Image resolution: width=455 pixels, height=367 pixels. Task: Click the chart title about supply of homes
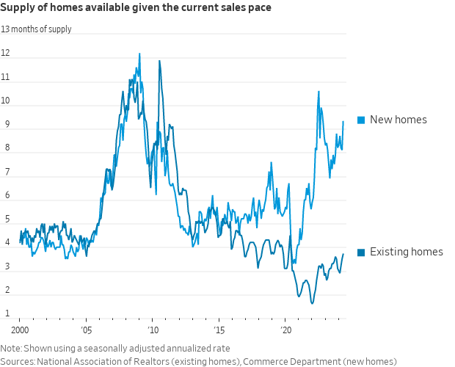(x=136, y=8)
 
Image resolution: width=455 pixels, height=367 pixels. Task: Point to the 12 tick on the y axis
(x=5, y=53)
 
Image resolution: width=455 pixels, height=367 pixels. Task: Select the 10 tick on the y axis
(x=5, y=101)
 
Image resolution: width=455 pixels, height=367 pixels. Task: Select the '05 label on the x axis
(x=86, y=330)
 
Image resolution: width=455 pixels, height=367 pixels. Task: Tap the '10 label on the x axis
(x=153, y=330)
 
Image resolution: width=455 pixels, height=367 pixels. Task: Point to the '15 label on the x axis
(x=219, y=330)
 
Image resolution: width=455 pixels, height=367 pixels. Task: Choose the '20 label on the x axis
(x=286, y=330)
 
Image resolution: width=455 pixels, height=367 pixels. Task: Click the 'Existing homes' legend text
(x=407, y=252)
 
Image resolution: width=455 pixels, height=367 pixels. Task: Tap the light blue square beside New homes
(x=361, y=120)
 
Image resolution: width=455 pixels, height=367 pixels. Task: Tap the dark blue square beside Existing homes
(x=361, y=252)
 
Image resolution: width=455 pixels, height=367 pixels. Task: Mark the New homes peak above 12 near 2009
(x=139, y=54)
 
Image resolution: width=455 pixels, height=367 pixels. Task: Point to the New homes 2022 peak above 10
(x=318, y=92)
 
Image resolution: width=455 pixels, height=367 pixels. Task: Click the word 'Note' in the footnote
(x=11, y=348)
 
